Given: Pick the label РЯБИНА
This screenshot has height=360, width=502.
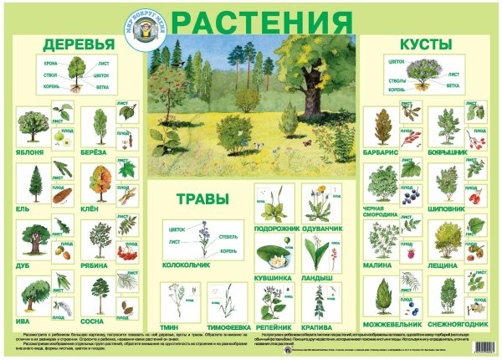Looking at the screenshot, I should pyautogui.click(x=95, y=265).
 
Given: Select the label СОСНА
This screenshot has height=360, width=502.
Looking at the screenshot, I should pyautogui.click(x=94, y=321).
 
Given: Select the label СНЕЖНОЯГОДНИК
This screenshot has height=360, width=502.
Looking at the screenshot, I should pyautogui.click(x=453, y=321).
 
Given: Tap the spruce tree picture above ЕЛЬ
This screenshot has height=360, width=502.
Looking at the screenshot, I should pyautogui.click(x=36, y=184).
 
